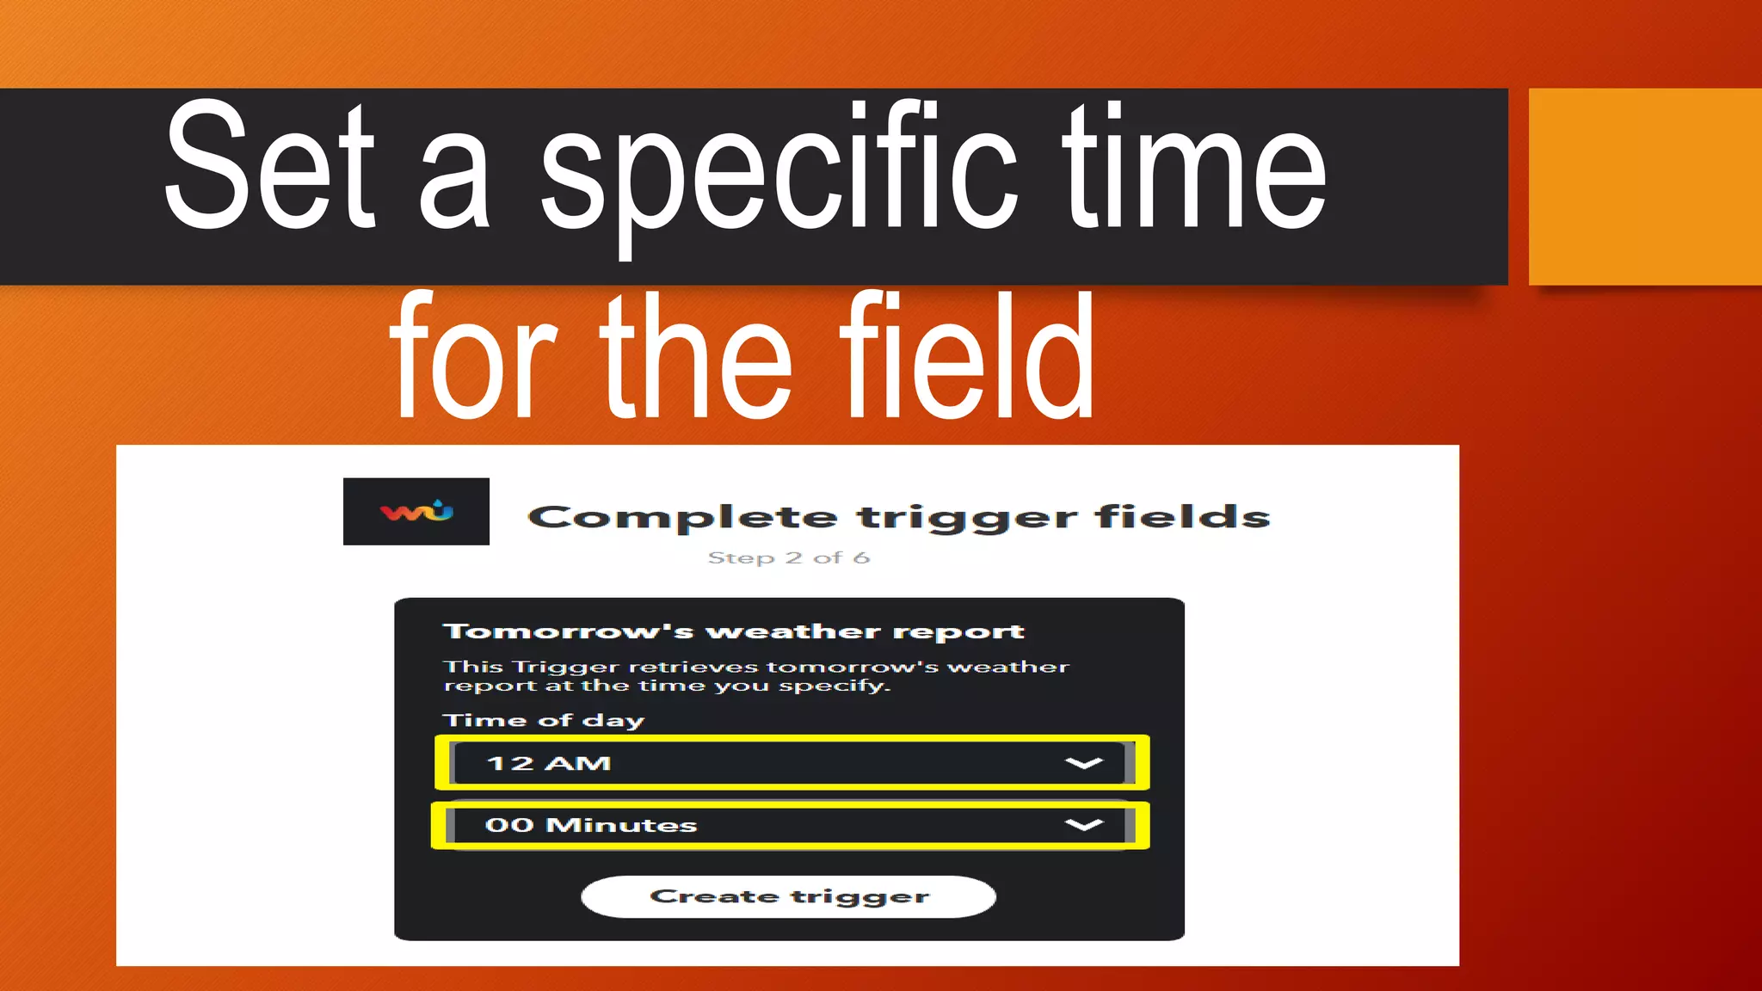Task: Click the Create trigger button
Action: (788, 896)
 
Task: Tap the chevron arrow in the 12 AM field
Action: (1083, 763)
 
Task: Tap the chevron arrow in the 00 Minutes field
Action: (1083, 825)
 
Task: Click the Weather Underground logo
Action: (416, 512)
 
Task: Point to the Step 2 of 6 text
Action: (788, 557)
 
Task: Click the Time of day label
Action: (543, 720)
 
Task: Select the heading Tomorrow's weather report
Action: (733, 631)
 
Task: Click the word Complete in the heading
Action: (681, 517)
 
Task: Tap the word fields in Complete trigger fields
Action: (1182, 517)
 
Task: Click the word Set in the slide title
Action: (268, 168)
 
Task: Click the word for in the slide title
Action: (474, 357)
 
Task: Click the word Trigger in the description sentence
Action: (565, 667)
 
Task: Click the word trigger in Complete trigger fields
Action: (966, 517)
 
